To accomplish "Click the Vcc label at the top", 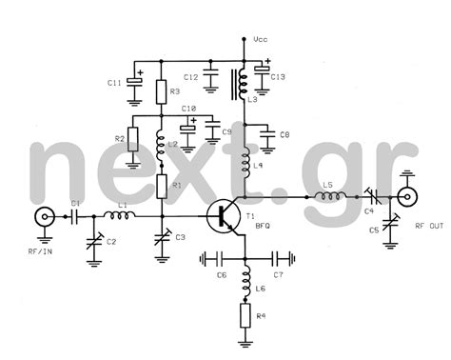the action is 262,40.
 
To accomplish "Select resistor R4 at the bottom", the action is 245,315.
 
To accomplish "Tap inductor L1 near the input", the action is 121,216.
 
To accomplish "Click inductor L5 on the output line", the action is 329,197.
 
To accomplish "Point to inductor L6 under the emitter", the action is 245,279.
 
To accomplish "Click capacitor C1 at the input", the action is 74,216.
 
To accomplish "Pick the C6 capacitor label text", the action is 221,276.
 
